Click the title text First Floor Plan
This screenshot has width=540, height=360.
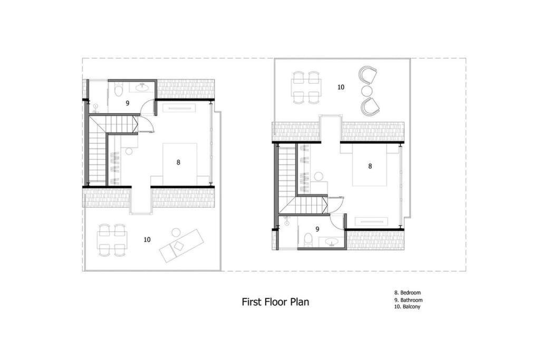[275, 302]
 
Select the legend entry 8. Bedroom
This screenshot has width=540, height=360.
[408, 293]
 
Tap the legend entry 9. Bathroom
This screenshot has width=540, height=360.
[409, 300]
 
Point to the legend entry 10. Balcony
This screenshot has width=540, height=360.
[408, 306]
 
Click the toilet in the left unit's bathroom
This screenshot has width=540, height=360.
[119, 90]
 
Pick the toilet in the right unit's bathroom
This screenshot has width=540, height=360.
[308, 239]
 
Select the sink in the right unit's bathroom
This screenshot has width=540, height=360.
[332, 242]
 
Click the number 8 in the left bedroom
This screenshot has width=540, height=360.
[178, 162]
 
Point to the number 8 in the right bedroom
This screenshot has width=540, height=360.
[370, 166]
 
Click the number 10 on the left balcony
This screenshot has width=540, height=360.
[147, 239]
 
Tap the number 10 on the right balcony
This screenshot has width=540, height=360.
[341, 87]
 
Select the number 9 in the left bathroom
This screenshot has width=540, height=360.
[128, 103]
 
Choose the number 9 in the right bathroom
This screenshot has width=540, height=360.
[317, 229]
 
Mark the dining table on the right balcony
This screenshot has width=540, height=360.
[306, 87]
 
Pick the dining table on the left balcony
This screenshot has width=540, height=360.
[112, 240]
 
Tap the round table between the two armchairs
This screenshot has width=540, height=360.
[367, 91]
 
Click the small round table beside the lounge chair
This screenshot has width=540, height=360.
[176, 232]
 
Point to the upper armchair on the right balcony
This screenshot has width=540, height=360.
[368, 75]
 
